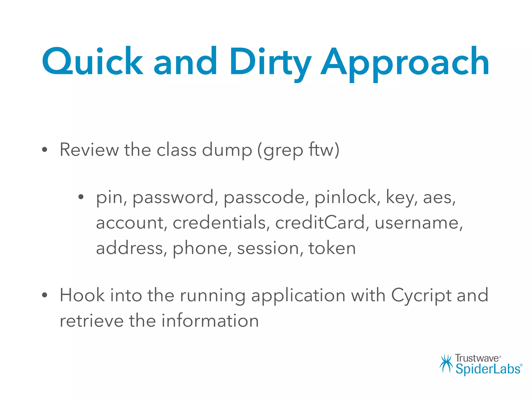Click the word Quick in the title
(x=92, y=62)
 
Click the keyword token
(x=332, y=248)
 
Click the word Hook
(x=82, y=295)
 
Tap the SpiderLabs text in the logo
(x=488, y=369)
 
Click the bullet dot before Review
(x=45, y=150)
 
